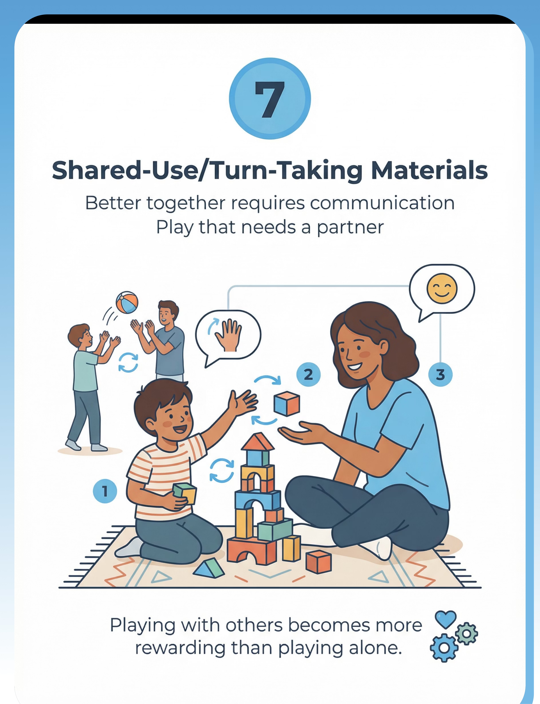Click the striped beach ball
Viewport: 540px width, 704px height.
point(127,303)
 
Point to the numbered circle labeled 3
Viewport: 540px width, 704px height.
point(440,375)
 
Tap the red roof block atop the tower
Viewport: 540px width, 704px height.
point(258,442)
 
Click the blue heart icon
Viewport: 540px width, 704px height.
point(446,619)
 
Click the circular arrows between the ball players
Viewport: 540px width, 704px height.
point(128,362)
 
